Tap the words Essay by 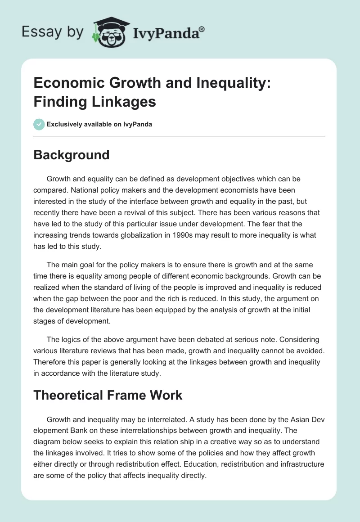tap(53, 32)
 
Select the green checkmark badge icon tap(39, 124)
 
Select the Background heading tap(72, 155)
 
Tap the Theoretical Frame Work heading tap(108, 395)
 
